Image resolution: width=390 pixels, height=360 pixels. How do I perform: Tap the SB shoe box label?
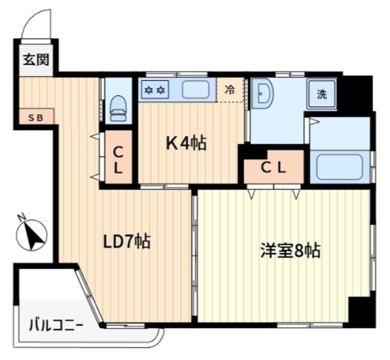tap(37, 118)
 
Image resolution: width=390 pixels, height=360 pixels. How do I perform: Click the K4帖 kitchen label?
tap(187, 143)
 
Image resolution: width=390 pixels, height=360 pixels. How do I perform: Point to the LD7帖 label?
tap(127, 240)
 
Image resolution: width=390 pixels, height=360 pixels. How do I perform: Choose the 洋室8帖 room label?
tap(289, 250)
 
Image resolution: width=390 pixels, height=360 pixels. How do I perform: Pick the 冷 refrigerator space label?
tap(231, 90)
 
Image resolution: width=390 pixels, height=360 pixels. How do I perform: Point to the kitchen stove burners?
tap(154, 90)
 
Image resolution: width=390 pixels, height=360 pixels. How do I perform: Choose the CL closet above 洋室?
tap(274, 167)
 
